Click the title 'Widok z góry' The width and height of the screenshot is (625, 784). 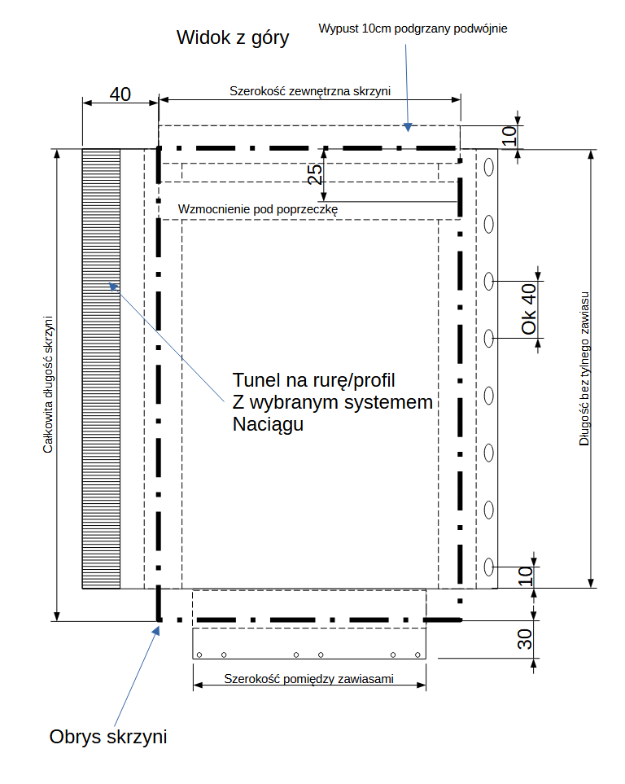tap(234, 38)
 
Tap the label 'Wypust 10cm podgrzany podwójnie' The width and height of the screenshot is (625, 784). tap(413, 29)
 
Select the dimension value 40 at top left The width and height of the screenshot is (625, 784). tap(120, 94)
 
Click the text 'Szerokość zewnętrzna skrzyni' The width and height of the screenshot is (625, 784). tap(310, 91)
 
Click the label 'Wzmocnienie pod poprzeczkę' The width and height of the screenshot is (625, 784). tap(257, 209)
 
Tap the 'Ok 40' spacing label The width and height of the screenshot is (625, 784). tap(529, 309)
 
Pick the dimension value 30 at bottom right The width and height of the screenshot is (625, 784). tap(526, 639)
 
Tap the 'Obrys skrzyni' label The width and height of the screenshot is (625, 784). tap(108, 738)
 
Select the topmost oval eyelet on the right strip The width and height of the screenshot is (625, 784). tap(489, 167)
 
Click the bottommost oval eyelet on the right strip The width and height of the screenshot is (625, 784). tap(489, 566)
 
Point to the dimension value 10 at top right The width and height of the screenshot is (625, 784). tap(508, 136)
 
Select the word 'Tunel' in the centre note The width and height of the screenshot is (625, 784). tap(256, 380)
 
